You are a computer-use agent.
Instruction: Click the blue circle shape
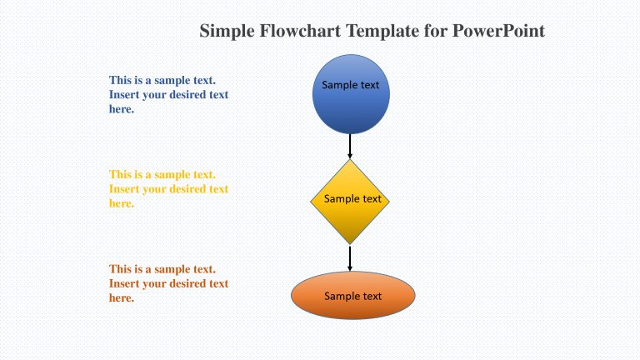(351, 94)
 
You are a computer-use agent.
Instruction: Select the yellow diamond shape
(350, 202)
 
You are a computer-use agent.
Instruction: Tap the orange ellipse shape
(353, 296)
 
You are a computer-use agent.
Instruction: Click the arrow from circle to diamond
(350, 146)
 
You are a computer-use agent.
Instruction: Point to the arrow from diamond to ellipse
(350, 258)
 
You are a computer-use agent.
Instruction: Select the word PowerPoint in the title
(499, 31)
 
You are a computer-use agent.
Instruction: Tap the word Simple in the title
(227, 31)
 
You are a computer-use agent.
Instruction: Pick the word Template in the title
(382, 31)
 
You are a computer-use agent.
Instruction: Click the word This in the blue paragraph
(120, 80)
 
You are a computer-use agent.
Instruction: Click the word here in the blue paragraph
(122, 109)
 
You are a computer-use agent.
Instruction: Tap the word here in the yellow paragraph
(122, 203)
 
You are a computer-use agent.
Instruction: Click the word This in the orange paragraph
(120, 269)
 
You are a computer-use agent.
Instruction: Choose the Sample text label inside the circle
(350, 85)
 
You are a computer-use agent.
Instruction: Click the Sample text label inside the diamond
(352, 199)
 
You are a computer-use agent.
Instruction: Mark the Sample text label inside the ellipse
(352, 296)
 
